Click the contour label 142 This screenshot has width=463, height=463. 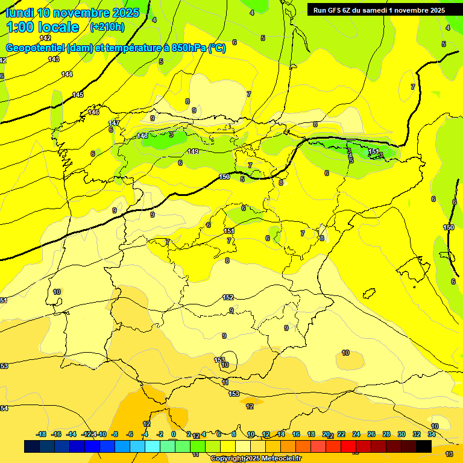45,38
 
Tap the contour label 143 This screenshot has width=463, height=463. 54,59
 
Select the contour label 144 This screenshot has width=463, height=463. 67,74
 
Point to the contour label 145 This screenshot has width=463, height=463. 78,95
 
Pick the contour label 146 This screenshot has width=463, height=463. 93,112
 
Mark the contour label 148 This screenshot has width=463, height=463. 142,136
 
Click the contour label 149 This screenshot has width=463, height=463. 193,151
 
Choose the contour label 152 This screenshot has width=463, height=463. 228,297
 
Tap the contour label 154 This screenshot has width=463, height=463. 4,408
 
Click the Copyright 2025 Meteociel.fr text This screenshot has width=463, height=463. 256,459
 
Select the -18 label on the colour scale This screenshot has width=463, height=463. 42,434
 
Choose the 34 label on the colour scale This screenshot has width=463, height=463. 432,434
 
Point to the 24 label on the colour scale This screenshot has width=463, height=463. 356,434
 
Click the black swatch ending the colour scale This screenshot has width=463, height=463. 424,446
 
